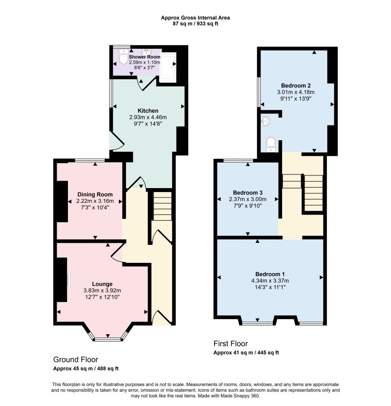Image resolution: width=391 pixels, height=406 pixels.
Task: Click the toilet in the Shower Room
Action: (123, 57)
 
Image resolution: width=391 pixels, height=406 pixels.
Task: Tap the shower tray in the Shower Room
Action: (168, 65)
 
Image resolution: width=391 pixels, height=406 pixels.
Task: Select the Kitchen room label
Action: (148, 111)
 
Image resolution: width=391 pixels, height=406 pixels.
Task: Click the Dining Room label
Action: (95, 194)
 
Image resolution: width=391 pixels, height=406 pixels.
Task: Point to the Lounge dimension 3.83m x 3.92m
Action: (102, 291)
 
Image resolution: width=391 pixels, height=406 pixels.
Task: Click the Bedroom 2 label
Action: (296, 85)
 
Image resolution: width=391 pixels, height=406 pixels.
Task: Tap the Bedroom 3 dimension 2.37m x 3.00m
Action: (247, 199)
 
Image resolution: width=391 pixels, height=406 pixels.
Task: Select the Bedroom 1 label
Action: (270, 274)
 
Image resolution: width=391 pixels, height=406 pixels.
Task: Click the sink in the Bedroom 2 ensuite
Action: (265, 121)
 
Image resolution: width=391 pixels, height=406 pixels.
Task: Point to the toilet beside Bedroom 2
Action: (270, 145)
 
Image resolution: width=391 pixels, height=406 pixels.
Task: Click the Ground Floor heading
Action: (76, 360)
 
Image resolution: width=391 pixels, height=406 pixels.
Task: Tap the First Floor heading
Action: (231, 343)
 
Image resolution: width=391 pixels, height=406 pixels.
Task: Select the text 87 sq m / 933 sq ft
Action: (195, 24)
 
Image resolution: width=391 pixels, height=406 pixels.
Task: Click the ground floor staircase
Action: (163, 206)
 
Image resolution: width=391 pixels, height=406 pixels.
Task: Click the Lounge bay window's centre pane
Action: (108, 339)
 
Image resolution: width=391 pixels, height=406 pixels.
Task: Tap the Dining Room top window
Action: (90, 161)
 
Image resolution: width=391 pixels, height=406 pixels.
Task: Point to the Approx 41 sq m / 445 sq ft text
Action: (246, 353)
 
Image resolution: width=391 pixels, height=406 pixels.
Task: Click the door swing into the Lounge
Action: (116, 253)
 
